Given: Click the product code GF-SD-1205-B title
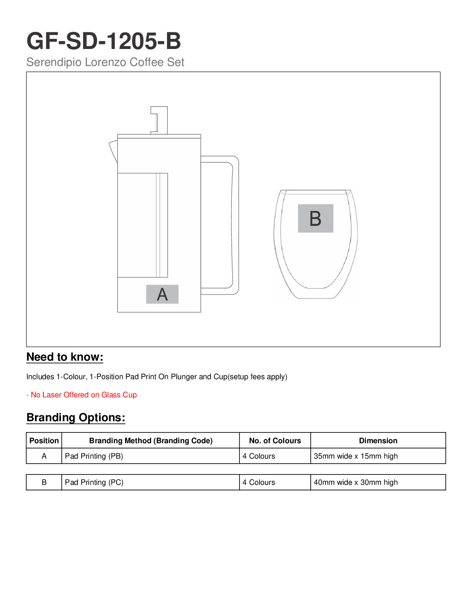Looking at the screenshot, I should point(103,41).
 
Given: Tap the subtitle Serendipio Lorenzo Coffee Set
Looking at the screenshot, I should point(105,62).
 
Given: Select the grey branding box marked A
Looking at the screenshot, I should point(162,294).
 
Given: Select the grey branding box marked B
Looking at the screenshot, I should point(315,218).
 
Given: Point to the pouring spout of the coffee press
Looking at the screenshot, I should point(113,151).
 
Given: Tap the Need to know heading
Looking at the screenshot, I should point(65,357).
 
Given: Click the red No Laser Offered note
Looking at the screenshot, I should point(81,395).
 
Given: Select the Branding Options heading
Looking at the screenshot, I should point(76,418).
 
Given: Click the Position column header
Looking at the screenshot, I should point(44,441).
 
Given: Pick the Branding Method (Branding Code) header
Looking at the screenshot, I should point(151,441).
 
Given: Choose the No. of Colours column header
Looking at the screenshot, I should point(275,441).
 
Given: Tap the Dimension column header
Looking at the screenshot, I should point(378,441).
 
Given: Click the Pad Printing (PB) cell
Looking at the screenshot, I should point(94,456).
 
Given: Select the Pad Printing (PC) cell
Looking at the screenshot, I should point(94,482).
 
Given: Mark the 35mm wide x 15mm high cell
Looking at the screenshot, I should point(356,456).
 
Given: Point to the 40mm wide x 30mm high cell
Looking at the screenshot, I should point(356,482).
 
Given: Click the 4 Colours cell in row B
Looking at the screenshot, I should point(259,482).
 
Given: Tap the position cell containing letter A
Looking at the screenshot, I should point(44,456).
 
